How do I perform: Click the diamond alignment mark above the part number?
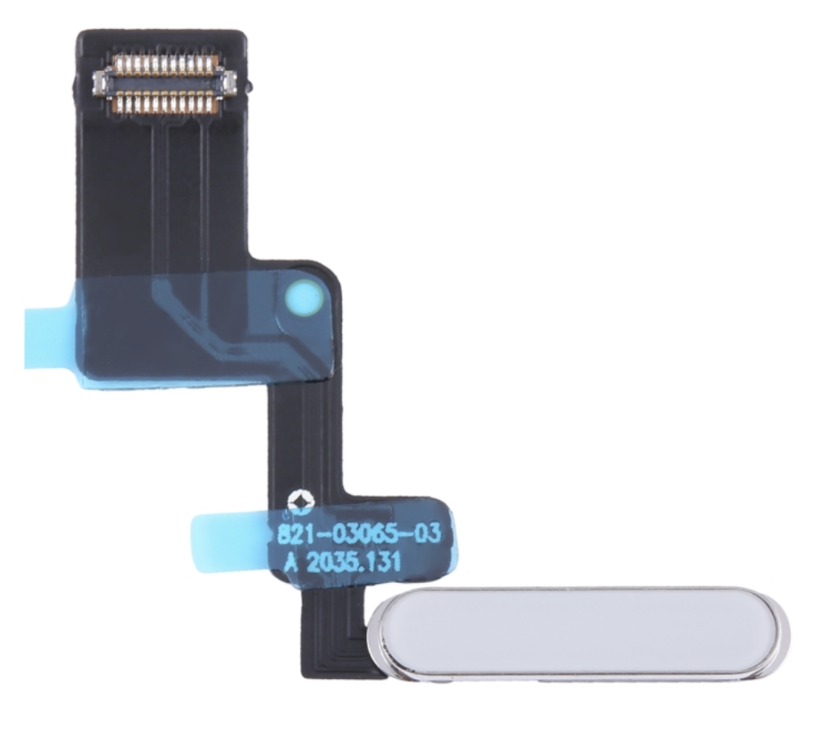pyautogui.click(x=298, y=500)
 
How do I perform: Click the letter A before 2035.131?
pyautogui.click(x=292, y=561)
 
